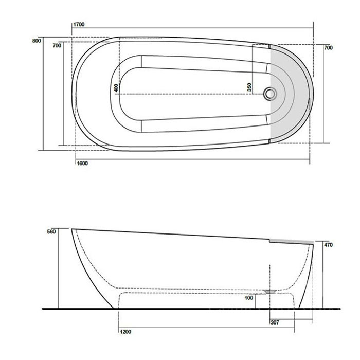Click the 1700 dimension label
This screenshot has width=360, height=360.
79,24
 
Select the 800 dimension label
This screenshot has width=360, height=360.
36,41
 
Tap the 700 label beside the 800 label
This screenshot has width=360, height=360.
57,46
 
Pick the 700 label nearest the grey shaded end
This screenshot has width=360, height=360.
329,48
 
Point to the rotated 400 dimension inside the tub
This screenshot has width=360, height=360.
117,88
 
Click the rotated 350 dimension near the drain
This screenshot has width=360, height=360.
249,87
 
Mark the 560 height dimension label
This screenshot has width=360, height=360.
50,231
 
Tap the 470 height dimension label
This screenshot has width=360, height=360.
329,245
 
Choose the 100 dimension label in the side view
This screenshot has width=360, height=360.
249,298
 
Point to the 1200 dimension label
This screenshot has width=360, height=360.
126,332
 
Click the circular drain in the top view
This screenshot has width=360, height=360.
270,94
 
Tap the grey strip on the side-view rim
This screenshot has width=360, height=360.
292,240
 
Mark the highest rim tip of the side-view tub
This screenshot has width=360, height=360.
71,229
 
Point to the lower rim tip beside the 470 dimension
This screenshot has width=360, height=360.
312,244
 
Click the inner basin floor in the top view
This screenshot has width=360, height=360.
195,94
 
